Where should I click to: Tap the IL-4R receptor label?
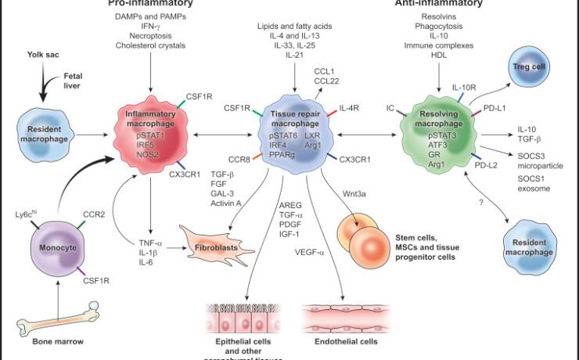pos(351,109)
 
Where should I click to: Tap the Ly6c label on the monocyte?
pos(27,214)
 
